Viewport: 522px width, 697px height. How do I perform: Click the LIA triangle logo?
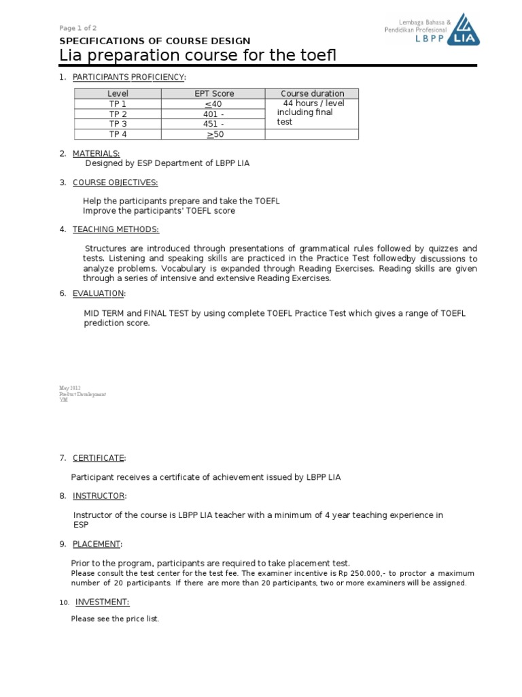pos(466,30)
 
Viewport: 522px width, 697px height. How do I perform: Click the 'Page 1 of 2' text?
pos(77,28)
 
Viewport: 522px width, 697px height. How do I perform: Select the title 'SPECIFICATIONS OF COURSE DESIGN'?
pos(155,42)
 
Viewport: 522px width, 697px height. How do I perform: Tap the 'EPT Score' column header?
pos(213,94)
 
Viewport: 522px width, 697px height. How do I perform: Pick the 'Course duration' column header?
pos(312,94)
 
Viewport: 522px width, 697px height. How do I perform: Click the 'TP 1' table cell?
pos(118,104)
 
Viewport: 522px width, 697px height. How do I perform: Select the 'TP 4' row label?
pos(118,134)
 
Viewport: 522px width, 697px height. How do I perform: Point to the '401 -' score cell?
pos(213,114)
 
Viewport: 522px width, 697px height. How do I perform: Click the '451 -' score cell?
pos(213,124)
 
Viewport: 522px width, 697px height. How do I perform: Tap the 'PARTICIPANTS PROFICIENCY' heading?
pos(128,77)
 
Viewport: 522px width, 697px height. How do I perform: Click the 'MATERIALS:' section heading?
pos(96,154)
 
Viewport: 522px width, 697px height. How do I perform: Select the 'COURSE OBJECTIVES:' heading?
pos(115,182)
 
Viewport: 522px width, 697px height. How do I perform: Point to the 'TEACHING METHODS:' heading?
pos(116,229)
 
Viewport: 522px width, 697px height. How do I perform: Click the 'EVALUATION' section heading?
pos(99,293)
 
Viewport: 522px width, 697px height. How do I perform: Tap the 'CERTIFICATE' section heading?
pos(99,458)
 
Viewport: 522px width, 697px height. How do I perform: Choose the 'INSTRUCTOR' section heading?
pos(99,496)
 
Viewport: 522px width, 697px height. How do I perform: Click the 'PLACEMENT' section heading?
pos(97,544)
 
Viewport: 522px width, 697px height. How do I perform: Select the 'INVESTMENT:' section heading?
pos(102,602)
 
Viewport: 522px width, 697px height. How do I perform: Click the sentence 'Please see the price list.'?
pos(115,619)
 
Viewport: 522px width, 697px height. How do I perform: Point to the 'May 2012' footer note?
pos(70,387)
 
